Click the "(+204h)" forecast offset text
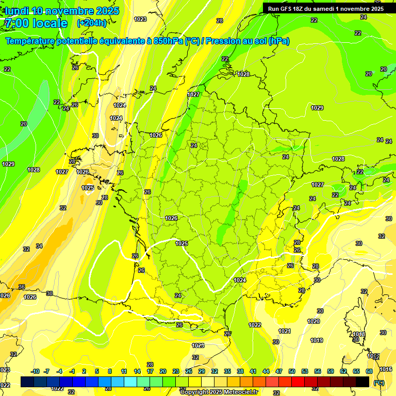92,23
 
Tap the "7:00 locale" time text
36,23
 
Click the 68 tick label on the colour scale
369,371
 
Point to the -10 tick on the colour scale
35,371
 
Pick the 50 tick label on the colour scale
292,371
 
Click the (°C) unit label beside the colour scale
378,382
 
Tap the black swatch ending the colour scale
362,382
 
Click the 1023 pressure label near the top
140,19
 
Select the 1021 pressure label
284,331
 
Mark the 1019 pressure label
317,340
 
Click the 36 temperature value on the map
22,287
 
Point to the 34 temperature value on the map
39,246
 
